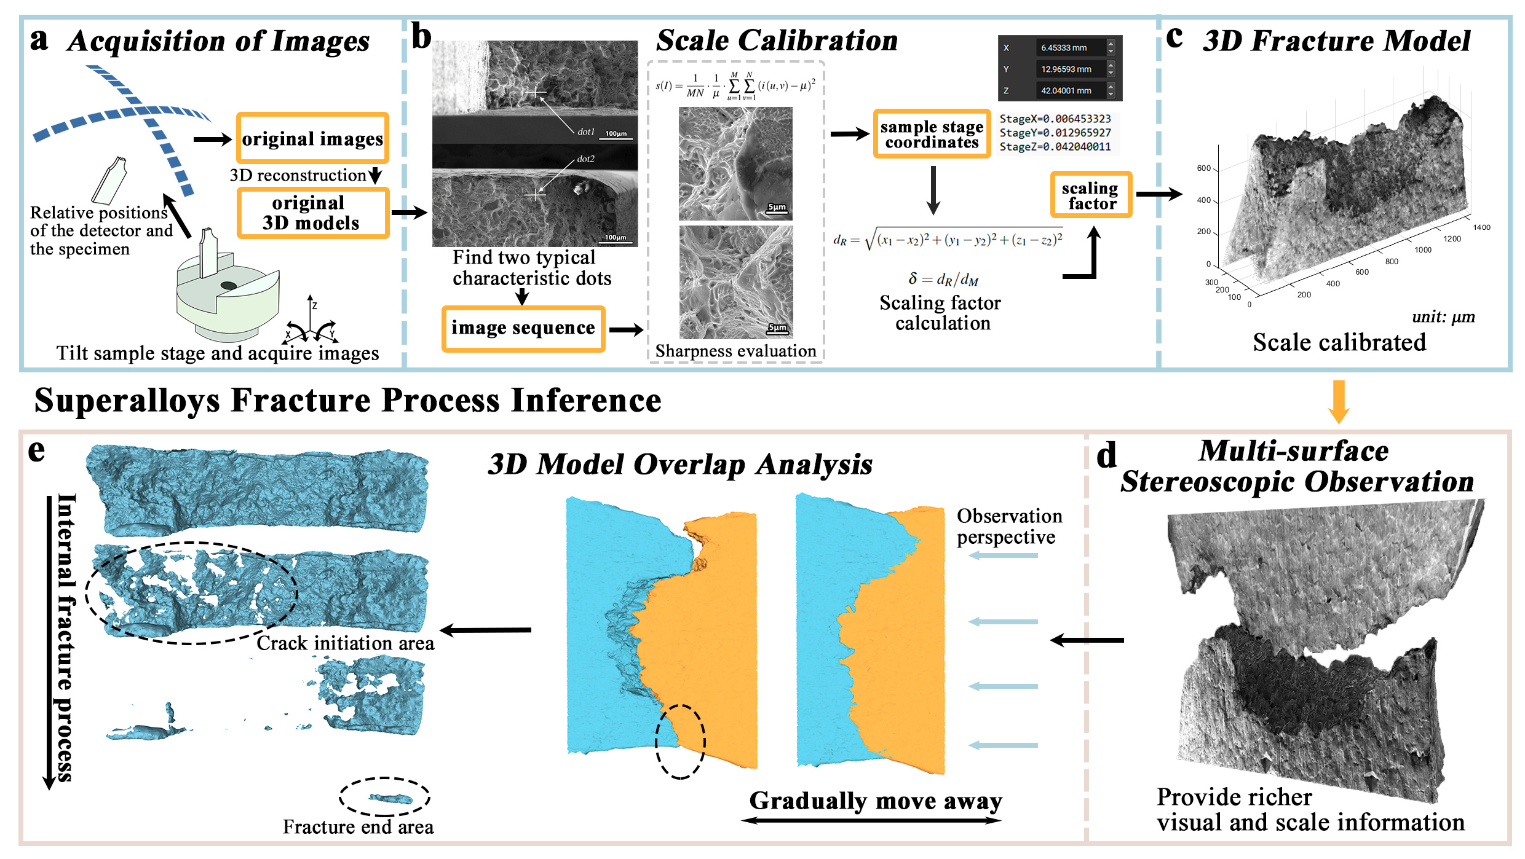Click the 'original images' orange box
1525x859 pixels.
coord(312,139)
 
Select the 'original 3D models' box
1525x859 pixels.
coord(312,213)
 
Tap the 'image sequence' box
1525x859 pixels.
coord(523,328)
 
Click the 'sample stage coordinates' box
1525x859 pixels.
coord(932,135)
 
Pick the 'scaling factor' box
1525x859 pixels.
coord(1091,195)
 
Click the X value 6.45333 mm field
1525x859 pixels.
coord(1070,48)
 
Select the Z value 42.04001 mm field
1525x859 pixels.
coord(1070,90)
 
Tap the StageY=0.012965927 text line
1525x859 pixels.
coord(1055,133)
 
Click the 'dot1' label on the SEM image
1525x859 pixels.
coord(586,131)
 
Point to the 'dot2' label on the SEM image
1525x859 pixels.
coord(586,159)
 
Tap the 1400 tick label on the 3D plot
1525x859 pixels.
coord(1481,227)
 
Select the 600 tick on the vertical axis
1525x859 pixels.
coord(1203,168)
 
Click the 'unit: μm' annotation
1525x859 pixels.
coord(1443,317)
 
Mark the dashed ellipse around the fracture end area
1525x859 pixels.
coord(384,798)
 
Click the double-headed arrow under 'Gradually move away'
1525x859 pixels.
coord(871,820)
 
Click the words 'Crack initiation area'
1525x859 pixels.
coord(345,643)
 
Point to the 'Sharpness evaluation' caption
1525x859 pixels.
coord(735,351)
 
